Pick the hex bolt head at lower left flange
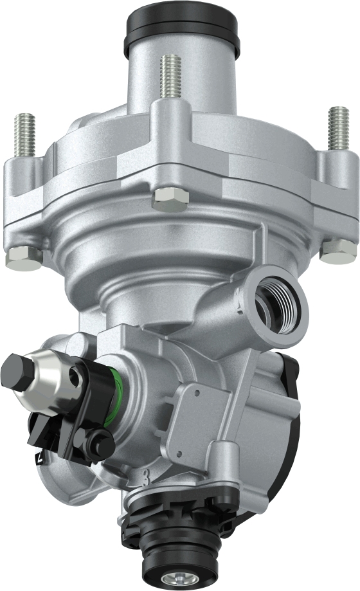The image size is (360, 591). (24, 259)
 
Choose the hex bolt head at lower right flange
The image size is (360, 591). (337, 251)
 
